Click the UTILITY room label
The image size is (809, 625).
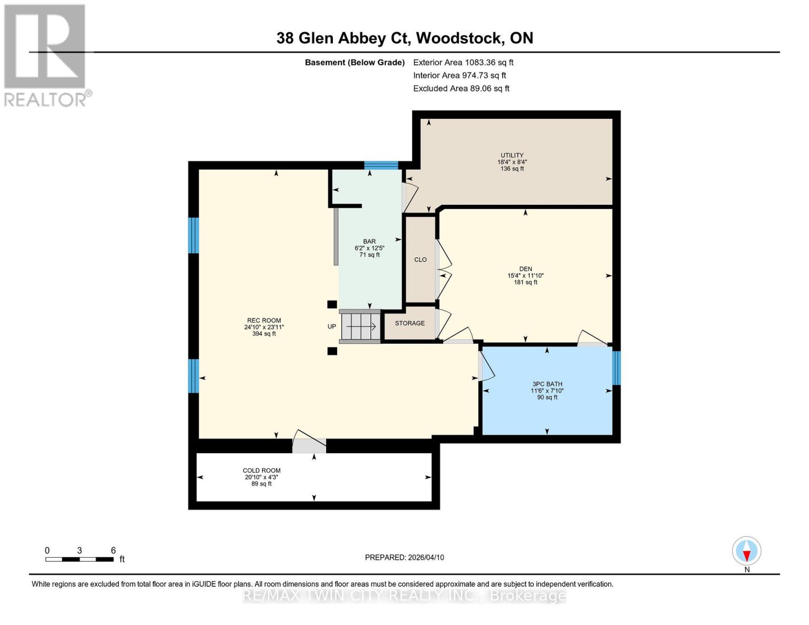coord(512,155)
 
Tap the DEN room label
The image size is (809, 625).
coord(525,269)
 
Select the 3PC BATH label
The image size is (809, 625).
coord(547,384)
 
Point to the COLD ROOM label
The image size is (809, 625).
coord(262,470)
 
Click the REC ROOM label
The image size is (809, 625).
coord(264,321)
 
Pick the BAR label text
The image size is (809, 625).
coord(369,242)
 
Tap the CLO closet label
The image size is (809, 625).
coord(420,259)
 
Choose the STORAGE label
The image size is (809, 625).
coord(409,323)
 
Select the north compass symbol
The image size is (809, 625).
coord(746,552)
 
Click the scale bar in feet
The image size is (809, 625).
coord(79,559)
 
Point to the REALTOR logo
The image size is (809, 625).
coord(45,55)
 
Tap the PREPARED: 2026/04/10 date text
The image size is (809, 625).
coord(404,557)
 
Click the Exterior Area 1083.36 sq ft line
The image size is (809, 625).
coord(463,63)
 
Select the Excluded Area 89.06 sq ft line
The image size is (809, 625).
coord(461,89)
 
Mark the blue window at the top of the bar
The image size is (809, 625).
coord(381,166)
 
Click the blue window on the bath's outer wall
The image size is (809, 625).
coord(616,368)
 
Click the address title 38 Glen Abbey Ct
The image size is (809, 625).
coord(404,38)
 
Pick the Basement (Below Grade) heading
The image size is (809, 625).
coord(355,63)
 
